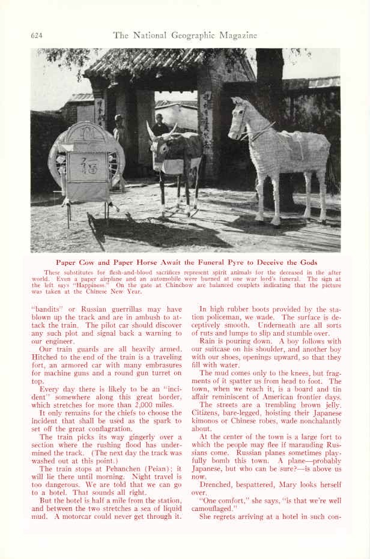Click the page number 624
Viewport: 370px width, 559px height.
click(x=37, y=36)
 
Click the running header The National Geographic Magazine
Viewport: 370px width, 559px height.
click(x=184, y=35)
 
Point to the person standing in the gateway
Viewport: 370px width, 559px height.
click(x=160, y=126)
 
